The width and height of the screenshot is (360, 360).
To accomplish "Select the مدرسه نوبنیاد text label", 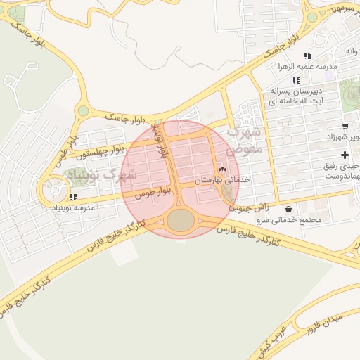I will (x=74, y=209).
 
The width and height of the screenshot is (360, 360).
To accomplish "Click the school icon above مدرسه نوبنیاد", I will (x=74, y=198).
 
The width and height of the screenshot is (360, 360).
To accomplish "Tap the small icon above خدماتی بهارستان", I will (x=223, y=169).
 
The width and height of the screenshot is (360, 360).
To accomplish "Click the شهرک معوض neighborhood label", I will (x=245, y=140).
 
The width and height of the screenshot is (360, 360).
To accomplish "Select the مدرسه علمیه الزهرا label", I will (x=307, y=66).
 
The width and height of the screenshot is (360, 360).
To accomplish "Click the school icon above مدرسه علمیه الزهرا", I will (x=307, y=56).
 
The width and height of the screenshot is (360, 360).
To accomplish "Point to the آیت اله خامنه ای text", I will (x=297, y=101).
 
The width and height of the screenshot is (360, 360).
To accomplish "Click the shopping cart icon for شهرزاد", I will (x=344, y=126).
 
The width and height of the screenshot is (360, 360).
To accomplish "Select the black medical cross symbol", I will (x=344, y=155).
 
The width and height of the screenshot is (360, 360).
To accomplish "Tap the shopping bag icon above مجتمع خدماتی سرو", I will (x=290, y=210).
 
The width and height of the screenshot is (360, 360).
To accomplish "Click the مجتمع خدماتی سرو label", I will (x=290, y=220).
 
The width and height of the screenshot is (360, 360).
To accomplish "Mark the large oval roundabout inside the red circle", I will (x=181, y=220).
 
